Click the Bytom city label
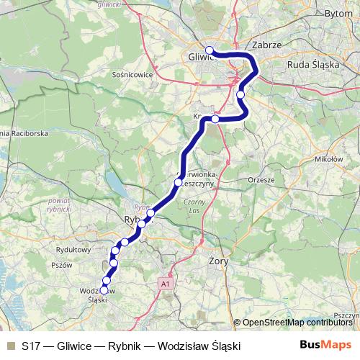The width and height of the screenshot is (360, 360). pyautogui.click(x=339, y=14)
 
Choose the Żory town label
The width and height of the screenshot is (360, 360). pyautogui.click(x=217, y=261)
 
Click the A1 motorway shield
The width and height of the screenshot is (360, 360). pyautogui.click(x=165, y=284)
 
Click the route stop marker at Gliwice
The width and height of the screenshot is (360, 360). pyautogui.click(x=210, y=50)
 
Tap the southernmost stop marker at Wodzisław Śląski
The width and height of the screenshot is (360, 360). pyautogui.click(x=104, y=290)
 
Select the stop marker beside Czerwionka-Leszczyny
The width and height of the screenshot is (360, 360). pyautogui.click(x=178, y=183)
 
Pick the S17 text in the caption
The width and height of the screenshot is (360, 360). pyautogui.click(x=31, y=346)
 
